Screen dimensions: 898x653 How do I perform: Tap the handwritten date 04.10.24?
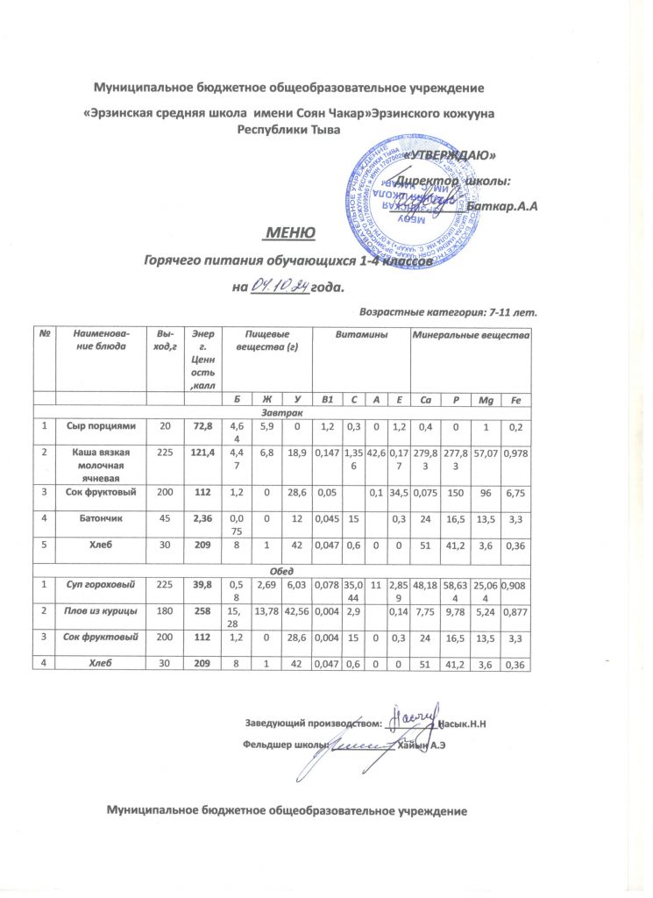pyautogui.click(x=280, y=285)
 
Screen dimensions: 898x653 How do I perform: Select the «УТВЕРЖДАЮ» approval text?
pyautogui.click(x=452, y=155)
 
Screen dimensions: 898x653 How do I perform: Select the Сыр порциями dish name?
pyautogui.click(x=101, y=426)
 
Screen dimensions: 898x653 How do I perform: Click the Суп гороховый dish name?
pyautogui.click(x=101, y=586)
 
